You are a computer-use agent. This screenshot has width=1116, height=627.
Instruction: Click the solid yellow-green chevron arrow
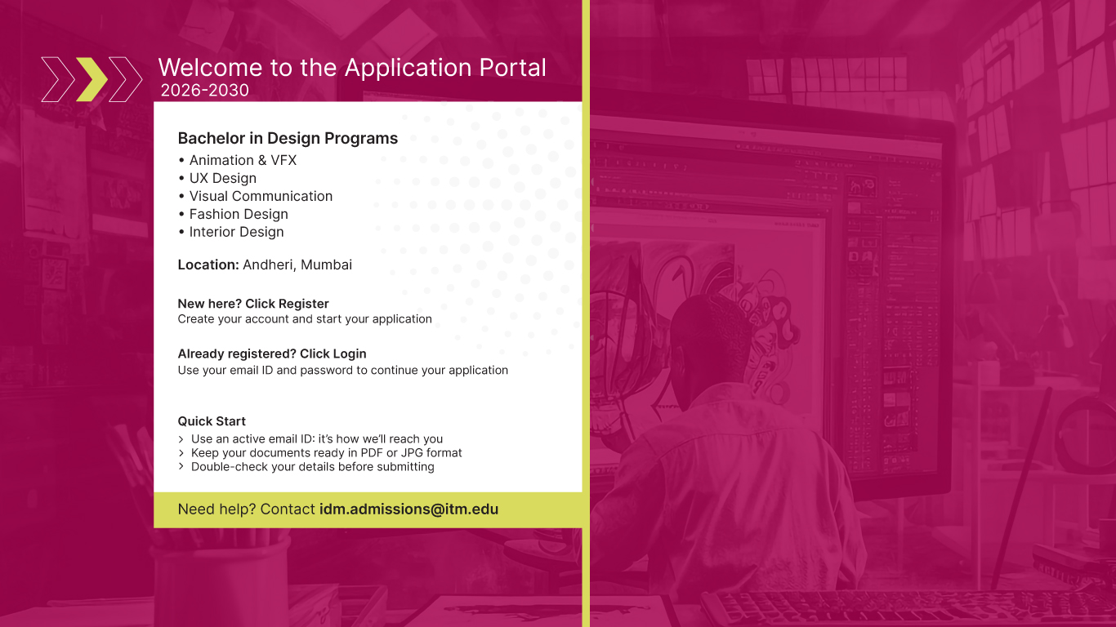(92, 79)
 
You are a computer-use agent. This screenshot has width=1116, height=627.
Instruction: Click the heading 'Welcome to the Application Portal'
(352, 68)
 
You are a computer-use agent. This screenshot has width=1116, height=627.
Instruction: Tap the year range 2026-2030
(205, 90)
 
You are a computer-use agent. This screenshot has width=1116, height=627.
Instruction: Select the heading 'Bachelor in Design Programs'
(288, 138)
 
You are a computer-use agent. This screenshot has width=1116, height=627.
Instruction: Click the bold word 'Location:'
(208, 265)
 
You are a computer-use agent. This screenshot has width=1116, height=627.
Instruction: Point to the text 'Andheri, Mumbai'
(297, 265)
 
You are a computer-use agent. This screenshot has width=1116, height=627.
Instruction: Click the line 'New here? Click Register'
(253, 304)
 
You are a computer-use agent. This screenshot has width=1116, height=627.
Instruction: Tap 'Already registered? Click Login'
(272, 354)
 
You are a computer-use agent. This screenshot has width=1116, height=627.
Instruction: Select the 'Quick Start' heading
(212, 421)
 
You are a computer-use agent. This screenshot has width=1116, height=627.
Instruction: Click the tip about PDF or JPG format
(326, 452)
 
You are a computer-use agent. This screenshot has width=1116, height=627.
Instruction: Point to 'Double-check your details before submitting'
(312, 467)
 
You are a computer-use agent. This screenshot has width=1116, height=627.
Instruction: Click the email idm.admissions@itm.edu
(408, 509)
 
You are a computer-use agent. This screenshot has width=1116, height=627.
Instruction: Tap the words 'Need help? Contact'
(246, 509)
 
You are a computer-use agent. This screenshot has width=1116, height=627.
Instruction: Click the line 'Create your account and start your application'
(305, 319)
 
